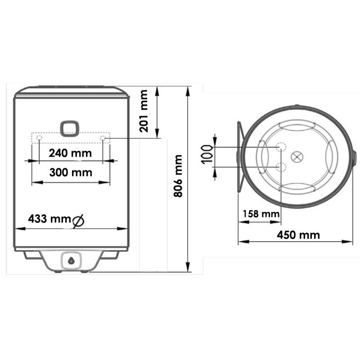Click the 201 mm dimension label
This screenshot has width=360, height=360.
tap(144, 111)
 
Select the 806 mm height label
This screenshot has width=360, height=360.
tap(178, 176)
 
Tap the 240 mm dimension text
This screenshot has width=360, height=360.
tap(70, 153)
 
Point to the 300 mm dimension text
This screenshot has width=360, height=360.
tap(71, 172)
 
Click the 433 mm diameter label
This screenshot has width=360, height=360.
tap(49, 219)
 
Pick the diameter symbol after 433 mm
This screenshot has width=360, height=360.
tap(78, 221)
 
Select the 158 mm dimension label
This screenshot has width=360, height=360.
tap(261, 214)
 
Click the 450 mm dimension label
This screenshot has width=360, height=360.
tap(298, 235)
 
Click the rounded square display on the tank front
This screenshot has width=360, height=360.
tap(70, 129)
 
